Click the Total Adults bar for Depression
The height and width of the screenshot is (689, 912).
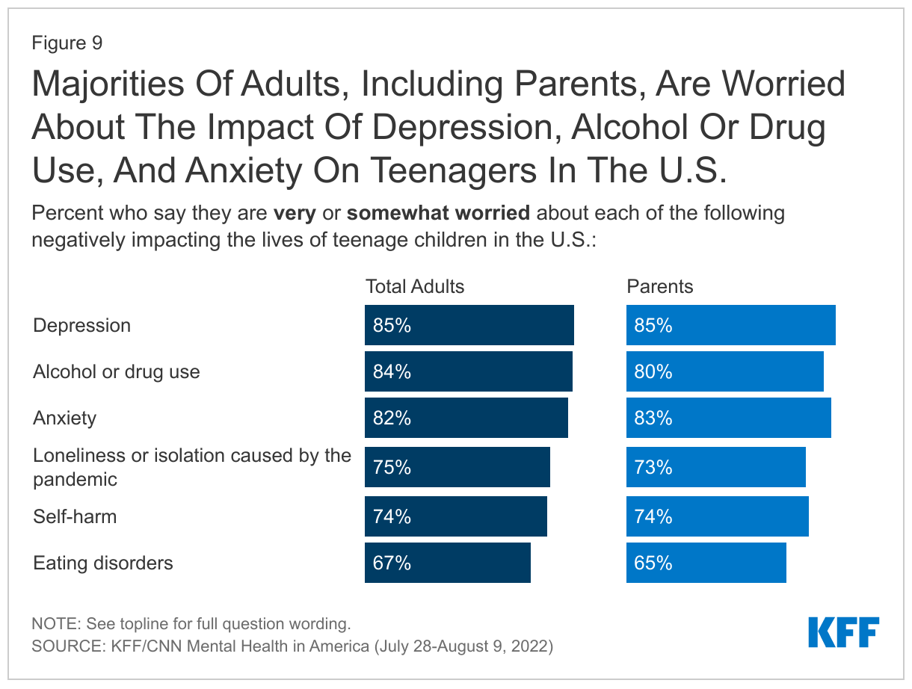coord(469,325)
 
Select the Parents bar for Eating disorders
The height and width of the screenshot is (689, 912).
coord(706,563)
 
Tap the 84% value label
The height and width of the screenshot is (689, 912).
coord(392,371)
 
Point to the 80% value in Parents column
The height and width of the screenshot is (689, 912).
coord(653,371)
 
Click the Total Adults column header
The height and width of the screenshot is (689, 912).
coord(414,286)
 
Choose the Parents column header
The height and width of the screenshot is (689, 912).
coord(659,286)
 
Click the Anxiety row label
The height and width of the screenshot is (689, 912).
coord(65,418)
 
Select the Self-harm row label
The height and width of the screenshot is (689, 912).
coord(75,516)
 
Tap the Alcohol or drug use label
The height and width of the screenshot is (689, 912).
coord(117,371)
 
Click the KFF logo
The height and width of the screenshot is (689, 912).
coord(843,632)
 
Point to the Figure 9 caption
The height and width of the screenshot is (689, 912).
coord(67,43)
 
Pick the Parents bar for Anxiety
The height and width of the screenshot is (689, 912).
coord(728,418)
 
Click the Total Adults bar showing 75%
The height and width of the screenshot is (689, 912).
coord(457,467)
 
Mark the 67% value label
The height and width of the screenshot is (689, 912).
coord(392,563)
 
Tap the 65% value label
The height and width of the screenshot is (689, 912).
coord(653,563)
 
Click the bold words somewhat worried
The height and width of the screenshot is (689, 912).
coord(438,213)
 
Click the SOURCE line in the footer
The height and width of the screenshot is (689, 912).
coord(292,646)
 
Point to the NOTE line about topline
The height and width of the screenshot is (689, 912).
coord(191,623)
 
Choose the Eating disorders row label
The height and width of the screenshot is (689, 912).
coord(103,563)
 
